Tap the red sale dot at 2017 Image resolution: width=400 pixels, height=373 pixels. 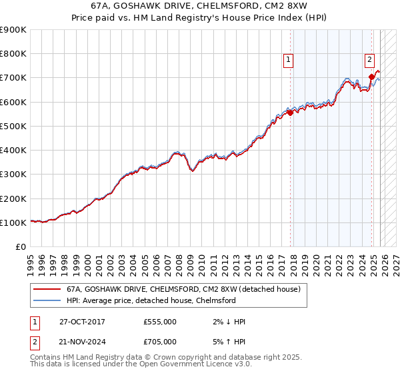coord(290,113)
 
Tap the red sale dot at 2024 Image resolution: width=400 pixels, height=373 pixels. coord(371,77)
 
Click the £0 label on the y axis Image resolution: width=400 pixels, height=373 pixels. coord(21,247)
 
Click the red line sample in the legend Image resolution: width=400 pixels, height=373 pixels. coord(47,290)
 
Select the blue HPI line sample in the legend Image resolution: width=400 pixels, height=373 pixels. coord(47,300)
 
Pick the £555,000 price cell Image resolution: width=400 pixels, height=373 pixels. coord(160,322)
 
